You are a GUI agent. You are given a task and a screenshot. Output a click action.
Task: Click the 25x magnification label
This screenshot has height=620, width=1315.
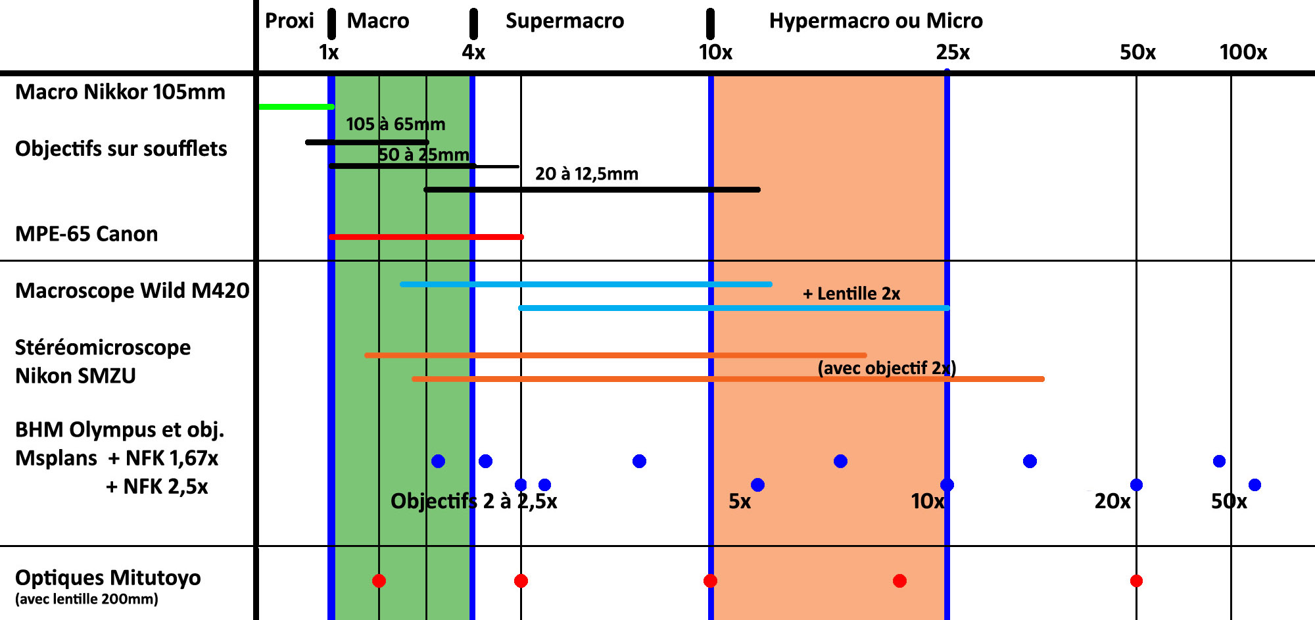953,52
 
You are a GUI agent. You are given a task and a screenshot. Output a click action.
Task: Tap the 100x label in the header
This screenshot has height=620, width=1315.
1243,52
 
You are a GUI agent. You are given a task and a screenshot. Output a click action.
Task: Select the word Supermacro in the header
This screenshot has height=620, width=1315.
564,21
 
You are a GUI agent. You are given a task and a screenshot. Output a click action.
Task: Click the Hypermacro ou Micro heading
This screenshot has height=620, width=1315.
875,21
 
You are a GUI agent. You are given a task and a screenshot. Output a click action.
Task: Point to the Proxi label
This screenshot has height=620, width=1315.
289,21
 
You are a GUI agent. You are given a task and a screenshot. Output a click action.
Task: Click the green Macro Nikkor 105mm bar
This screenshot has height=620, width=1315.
296,107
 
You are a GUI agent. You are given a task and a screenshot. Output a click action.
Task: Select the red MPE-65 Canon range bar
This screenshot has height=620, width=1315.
426,237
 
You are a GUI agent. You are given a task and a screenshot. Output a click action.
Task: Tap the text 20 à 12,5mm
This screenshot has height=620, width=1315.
586,174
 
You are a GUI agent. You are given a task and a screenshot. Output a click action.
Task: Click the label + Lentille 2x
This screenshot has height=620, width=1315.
851,294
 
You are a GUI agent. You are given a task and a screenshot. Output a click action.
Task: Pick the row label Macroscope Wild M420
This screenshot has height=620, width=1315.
132,291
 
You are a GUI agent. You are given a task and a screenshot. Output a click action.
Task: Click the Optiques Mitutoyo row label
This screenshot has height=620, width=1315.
108,578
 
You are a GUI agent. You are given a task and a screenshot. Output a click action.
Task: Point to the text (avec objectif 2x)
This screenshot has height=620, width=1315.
886,368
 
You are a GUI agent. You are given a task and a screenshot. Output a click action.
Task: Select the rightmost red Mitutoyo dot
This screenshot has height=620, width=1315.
1136,581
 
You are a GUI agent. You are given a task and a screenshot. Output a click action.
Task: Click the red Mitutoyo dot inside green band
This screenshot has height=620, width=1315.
379,581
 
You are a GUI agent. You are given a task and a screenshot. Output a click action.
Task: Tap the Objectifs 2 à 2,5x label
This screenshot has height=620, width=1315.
473,502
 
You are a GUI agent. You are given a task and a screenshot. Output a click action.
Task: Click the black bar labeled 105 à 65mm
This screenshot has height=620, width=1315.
367,142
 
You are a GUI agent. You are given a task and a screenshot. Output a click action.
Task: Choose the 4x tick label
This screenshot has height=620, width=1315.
473,52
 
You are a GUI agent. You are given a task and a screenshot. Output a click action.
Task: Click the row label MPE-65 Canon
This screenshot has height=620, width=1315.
86,234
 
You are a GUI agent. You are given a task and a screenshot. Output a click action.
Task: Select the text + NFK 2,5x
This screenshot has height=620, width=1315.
156,487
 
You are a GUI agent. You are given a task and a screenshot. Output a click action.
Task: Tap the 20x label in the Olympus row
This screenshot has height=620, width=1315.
1112,502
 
